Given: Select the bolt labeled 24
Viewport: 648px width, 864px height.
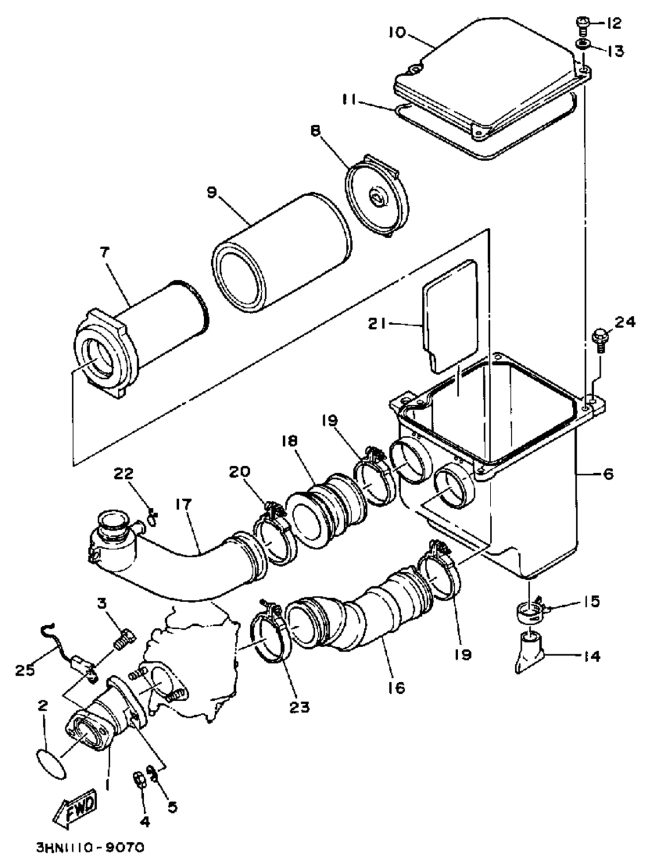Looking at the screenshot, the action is click(x=600, y=341).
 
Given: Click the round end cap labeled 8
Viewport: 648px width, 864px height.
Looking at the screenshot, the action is click(x=378, y=196).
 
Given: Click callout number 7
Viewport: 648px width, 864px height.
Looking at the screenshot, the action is click(x=104, y=252).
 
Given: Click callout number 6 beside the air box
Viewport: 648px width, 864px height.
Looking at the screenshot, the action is click(x=608, y=474).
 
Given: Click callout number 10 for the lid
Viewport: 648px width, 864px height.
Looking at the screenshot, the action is click(x=398, y=32).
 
